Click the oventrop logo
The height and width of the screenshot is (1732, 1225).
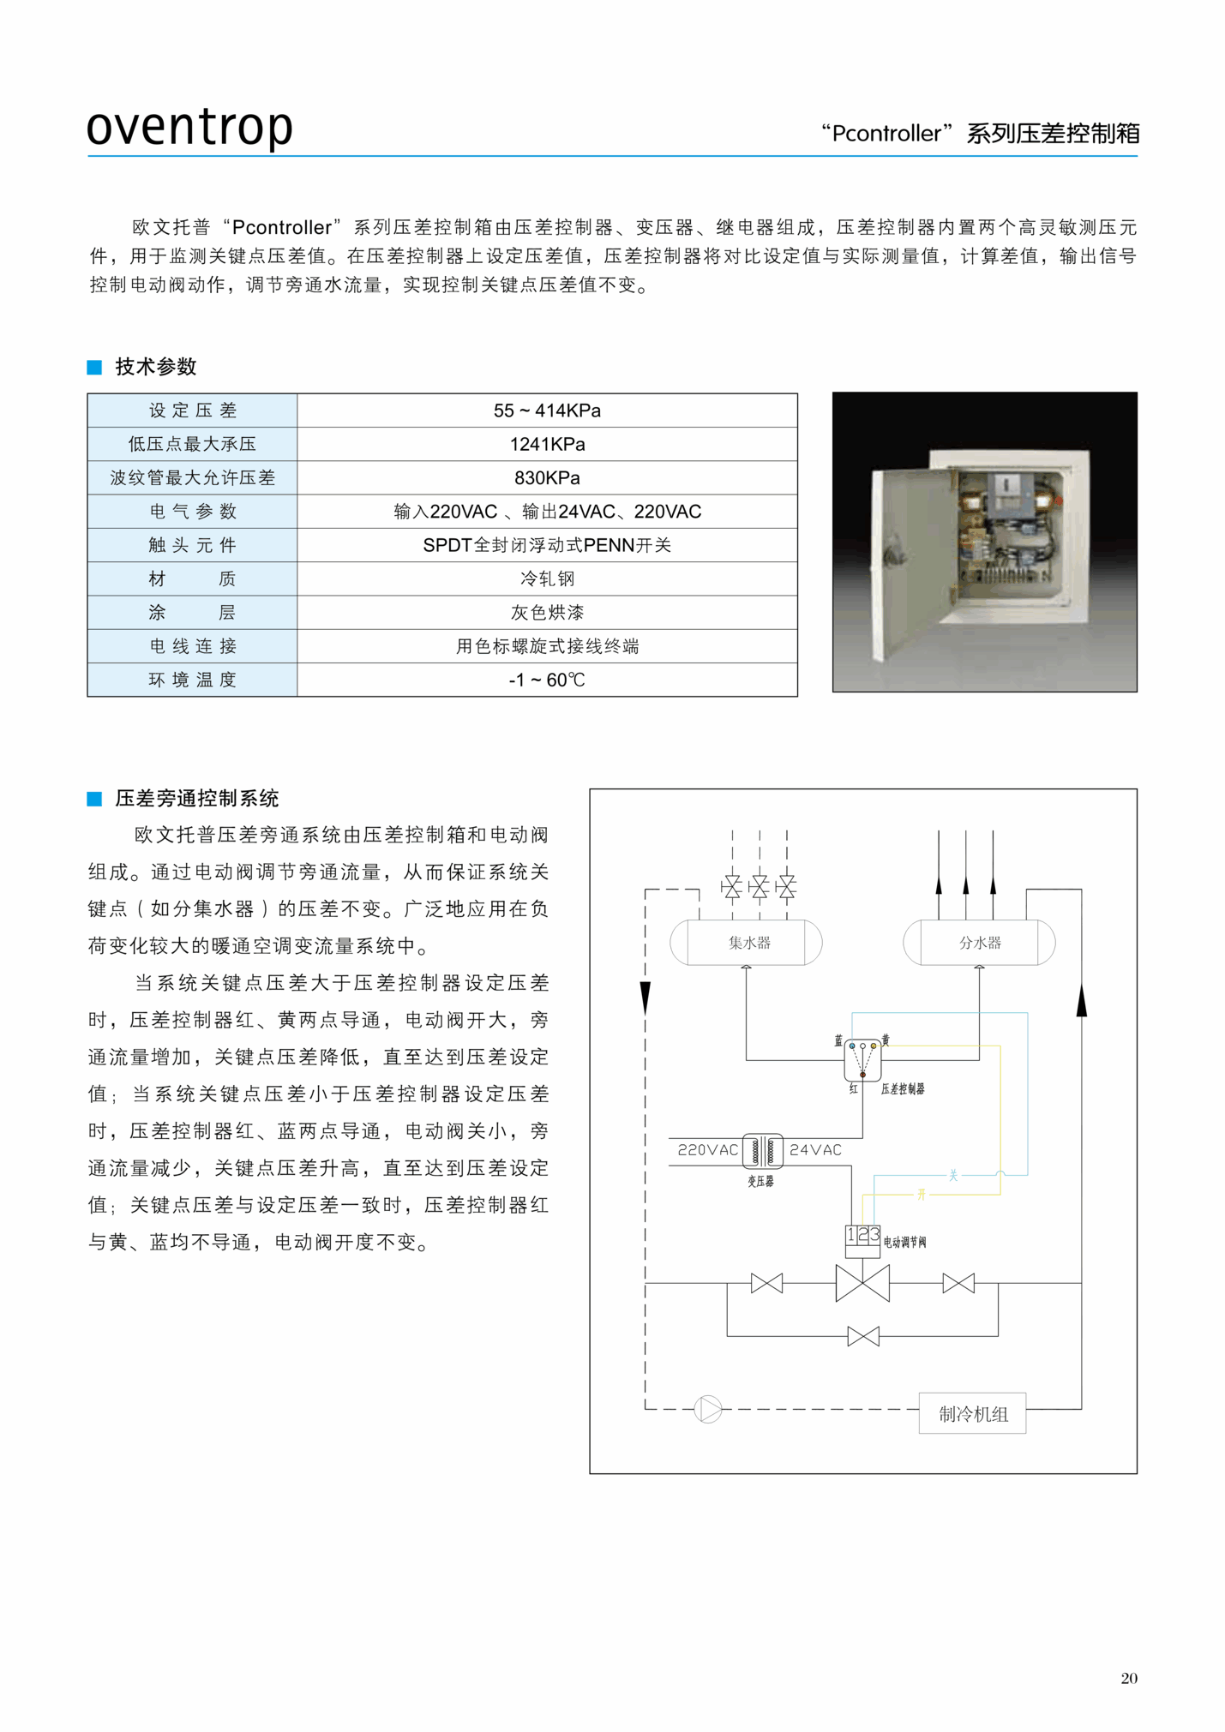coord(189,127)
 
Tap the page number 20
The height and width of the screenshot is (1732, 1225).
coord(1128,1678)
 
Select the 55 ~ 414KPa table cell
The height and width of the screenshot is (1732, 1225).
coord(547,411)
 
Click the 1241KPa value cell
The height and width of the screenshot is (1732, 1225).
coord(547,444)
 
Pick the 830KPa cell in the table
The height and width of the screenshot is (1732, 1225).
coord(547,477)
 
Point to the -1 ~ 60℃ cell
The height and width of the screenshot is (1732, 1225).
coord(547,680)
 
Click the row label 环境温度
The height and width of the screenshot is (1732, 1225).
coord(192,680)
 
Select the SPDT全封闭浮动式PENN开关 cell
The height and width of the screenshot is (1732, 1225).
coord(547,545)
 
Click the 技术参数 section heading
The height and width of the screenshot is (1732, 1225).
coord(155,367)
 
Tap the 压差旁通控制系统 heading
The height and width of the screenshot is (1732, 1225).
coord(196,799)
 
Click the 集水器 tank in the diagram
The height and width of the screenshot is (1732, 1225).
coord(746,943)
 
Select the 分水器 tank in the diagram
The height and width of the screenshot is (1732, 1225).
coord(979,943)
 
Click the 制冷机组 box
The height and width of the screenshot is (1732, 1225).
coord(972,1413)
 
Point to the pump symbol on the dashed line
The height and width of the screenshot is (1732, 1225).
coord(708,1409)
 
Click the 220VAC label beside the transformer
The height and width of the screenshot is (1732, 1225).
coord(707,1150)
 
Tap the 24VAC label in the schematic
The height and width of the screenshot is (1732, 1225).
coord(815,1150)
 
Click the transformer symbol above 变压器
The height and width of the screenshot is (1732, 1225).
coord(762,1150)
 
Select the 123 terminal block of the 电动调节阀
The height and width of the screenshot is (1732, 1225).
coord(862,1235)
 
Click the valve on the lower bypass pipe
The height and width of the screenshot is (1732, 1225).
coord(862,1336)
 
